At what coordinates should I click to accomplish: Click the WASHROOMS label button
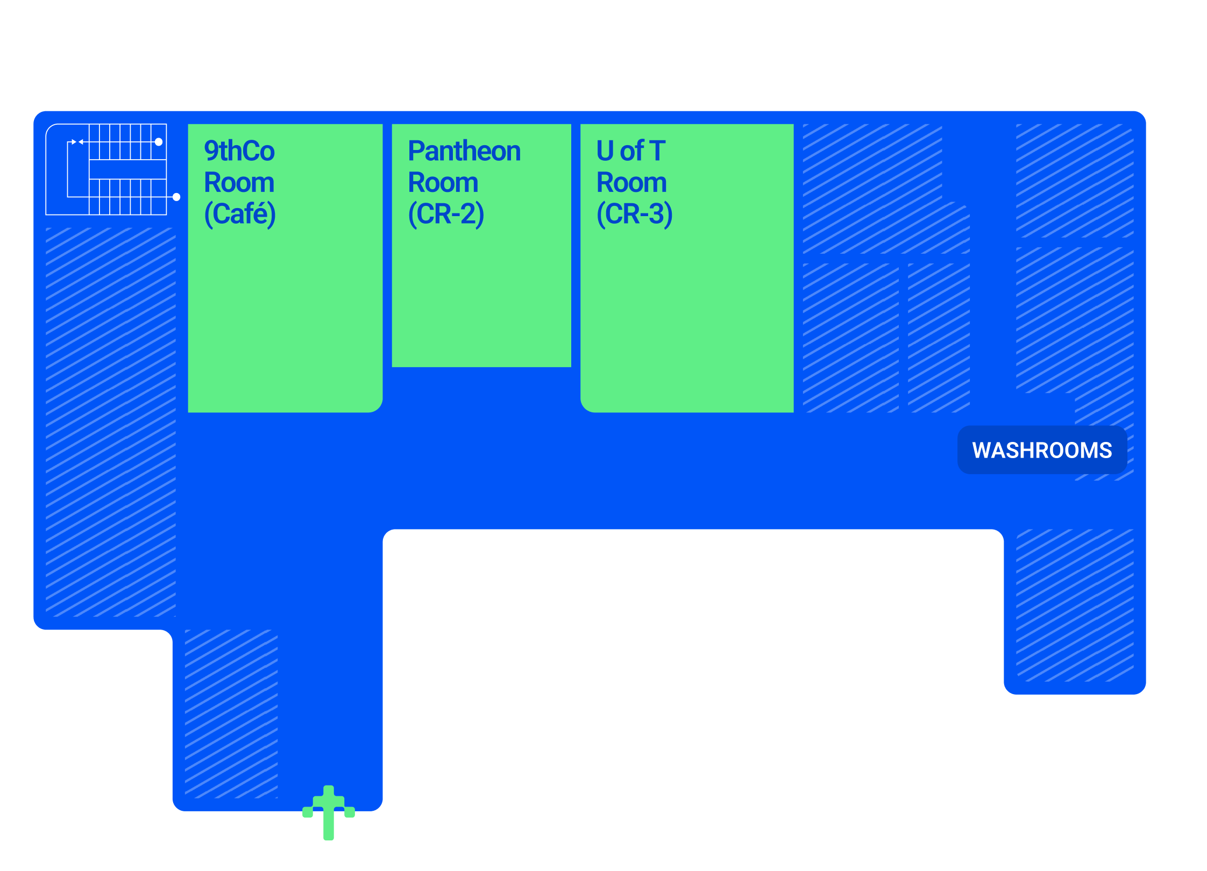click(x=1042, y=450)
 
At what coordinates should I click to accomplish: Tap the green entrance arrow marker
click(x=329, y=812)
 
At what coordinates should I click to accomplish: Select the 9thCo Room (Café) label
click(x=240, y=182)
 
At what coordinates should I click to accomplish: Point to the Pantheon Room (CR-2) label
click(x=464, y=182)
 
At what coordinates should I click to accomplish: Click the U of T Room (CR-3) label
click(x=634, y=182)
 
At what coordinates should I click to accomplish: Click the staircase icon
click(x=106, y=169)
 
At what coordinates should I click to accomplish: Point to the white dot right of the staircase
click(x=176, y=197)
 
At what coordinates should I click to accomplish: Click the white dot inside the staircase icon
click(x=159, y=142)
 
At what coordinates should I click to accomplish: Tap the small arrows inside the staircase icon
click(x=77, y=142)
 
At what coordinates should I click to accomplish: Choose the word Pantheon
click(x=464, y=151)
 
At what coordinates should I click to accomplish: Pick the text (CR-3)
click(x=634, y=214)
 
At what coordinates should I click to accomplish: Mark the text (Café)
click(x=240, y=214)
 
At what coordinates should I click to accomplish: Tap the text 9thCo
click(x=239, y=151)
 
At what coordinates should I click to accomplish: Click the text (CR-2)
click(x=446, y=214)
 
